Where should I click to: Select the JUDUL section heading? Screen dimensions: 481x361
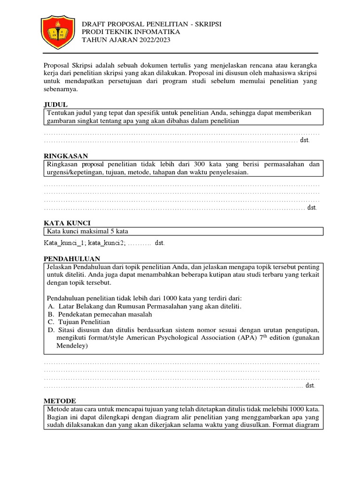coord(56,104)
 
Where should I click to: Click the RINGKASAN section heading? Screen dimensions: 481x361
coord(66,155)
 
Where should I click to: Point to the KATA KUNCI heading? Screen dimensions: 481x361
coord(67,222)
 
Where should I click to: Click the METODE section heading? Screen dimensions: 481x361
coord(59,400)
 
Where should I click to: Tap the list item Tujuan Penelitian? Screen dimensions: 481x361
coord(83,322)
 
